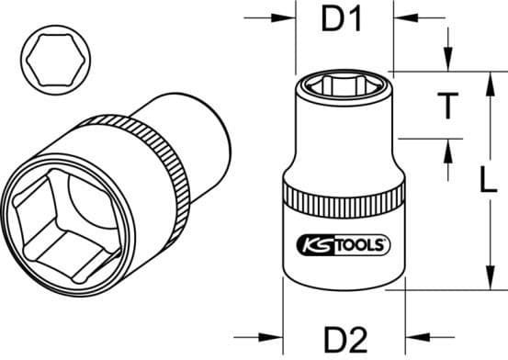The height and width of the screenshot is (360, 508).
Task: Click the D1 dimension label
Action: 344,19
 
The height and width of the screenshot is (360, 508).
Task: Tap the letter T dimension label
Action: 446,107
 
